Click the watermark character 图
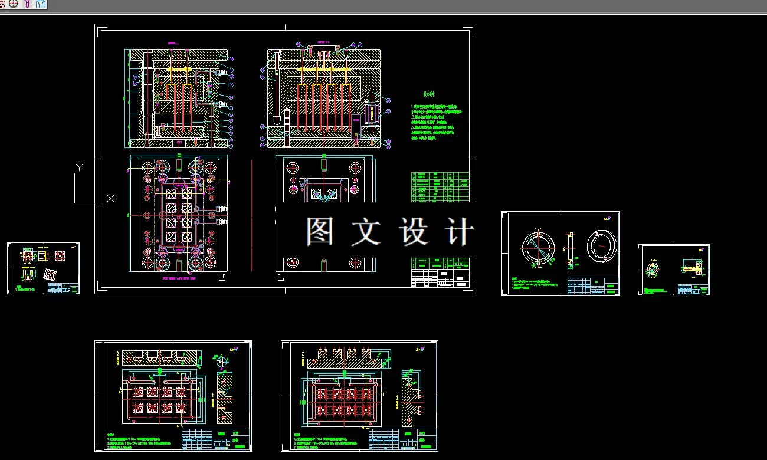point(320,232)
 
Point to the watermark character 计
point(459,232)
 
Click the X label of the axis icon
point(110,199)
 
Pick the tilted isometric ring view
point(602,245)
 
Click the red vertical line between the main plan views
point(251,215)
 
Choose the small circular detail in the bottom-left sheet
point(221,361)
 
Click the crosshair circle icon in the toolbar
point(14,4)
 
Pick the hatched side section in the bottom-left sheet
point(222,401)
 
